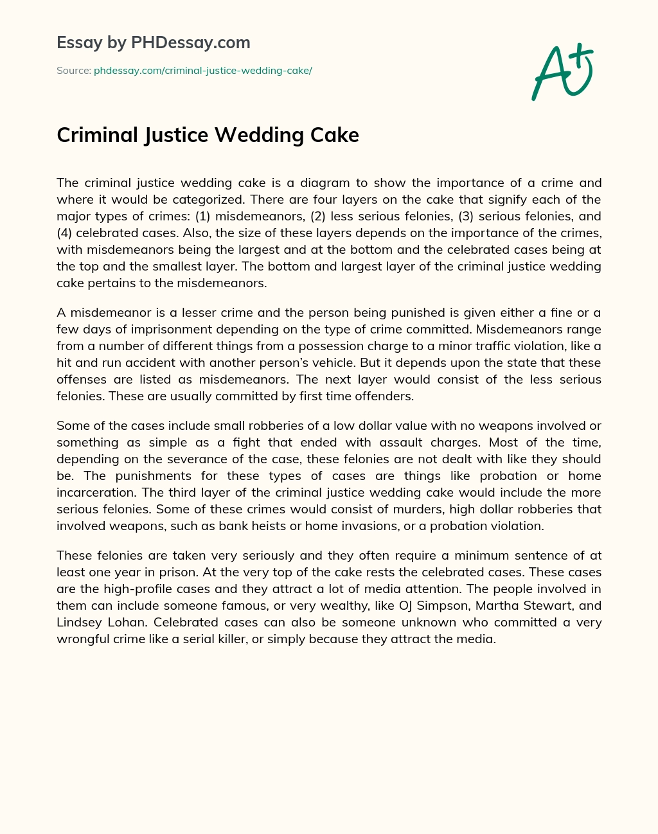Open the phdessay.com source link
(x=202, y=71)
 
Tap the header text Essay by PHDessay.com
(x=154, y=42)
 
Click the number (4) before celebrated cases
(x=65, y=233)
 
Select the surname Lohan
(x=127, y=622)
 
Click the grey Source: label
(x=73, y=71)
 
